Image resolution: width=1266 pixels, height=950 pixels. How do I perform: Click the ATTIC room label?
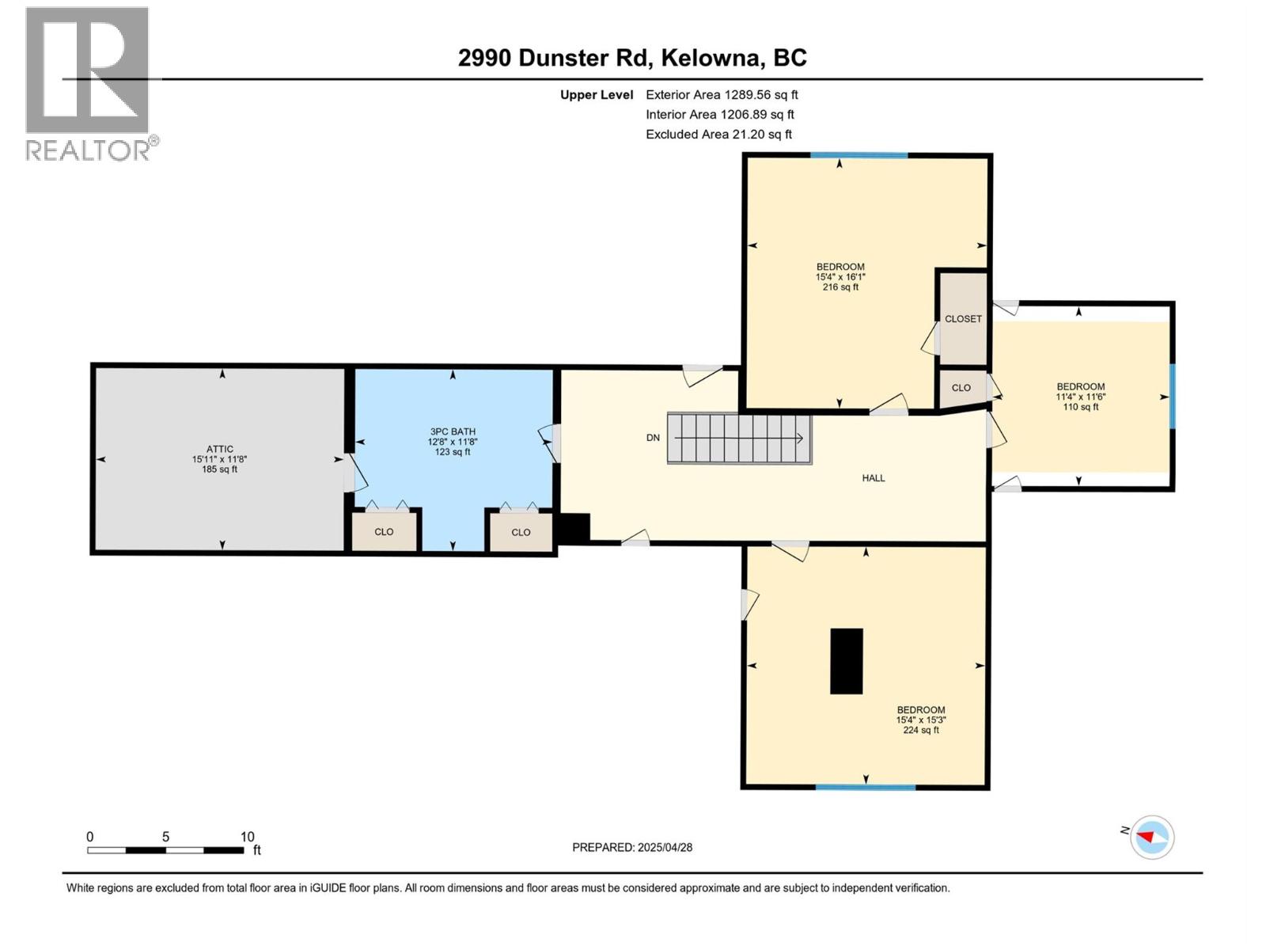[x=220, y=449]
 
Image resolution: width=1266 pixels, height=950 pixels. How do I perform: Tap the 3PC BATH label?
[x=452, y=431]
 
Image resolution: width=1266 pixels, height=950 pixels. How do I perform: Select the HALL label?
[x=874, y=477]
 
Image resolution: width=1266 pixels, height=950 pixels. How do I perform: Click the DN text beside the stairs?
[x=653, y=438]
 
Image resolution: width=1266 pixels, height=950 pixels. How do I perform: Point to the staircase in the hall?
[x=739, y=439]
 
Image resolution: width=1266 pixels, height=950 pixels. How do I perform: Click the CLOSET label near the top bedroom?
[x=963, y=318]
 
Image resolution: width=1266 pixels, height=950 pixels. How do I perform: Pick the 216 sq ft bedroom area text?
[x=840, y=287]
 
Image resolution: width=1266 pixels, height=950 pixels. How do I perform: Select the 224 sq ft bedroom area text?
[x=921, y=730]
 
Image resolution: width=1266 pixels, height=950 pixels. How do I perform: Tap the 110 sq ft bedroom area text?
[x=1081, y=407]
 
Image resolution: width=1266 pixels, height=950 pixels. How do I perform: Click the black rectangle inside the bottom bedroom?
[x=846, y=661]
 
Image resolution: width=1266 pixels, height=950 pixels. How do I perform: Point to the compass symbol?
[x=1152, y=837]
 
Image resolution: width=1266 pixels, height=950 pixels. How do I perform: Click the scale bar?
[x=165, y=850]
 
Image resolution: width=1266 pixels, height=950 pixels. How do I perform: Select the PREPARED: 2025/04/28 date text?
[x=632, y=847]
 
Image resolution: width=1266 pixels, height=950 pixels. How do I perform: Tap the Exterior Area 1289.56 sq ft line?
[x=722, y=94]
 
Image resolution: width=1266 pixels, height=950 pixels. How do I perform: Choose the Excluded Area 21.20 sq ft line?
[x=718, y=135]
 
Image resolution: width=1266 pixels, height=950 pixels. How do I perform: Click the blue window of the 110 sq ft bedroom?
[x=1171, y=397]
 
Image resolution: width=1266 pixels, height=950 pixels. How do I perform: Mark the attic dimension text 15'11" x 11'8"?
[x=220, y=459]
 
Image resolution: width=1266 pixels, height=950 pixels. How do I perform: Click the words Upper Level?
[x=597, y=94]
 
